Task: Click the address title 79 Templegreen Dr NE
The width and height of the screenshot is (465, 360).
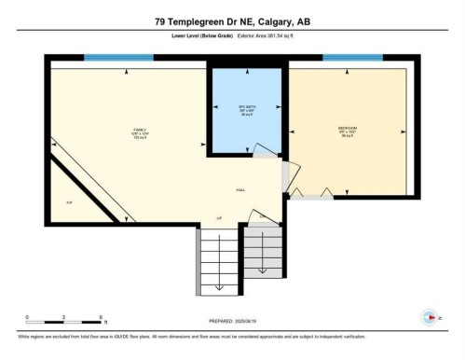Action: tap(232, 21)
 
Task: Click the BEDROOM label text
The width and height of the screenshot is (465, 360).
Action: tap(349, 128)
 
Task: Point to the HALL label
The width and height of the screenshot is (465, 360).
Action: tap(240, 188)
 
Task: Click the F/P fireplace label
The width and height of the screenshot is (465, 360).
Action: tap(68, 202)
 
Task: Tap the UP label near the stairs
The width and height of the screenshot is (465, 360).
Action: tap(219, 218)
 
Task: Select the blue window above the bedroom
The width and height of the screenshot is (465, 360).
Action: tap(346, 58)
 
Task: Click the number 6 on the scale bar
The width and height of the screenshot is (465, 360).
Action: tap(100, 317)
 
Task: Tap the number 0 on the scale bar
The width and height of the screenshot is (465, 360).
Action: tap(27, 317)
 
